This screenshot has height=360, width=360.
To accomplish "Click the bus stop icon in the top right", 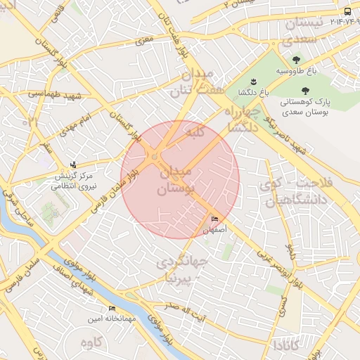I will (347, 12).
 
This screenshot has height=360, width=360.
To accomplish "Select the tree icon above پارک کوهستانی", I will (305, 91).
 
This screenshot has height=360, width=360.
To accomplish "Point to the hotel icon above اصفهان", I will (214, 219).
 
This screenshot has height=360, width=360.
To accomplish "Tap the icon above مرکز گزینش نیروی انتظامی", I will (74, 165).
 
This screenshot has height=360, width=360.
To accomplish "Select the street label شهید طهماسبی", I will (48, 93).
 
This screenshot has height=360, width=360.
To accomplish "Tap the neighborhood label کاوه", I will (92, 342).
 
